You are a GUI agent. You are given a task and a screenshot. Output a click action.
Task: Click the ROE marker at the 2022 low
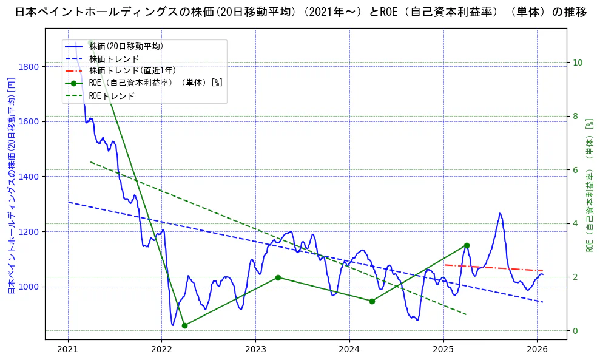pos(184,325)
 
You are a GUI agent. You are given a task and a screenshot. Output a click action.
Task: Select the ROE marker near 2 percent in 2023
pos(278,277)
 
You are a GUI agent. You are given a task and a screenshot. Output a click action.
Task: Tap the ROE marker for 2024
pos(372,301)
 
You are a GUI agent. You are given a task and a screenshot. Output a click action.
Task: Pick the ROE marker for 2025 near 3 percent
pos(467,245)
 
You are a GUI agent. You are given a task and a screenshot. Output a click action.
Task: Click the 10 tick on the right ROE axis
pos(577,63)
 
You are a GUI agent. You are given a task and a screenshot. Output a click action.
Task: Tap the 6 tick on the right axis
pos(575,170)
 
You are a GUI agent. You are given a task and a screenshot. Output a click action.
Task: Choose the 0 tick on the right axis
pos(575,331)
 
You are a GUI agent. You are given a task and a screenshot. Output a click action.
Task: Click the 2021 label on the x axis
pos(68,350)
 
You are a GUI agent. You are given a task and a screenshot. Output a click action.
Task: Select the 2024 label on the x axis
pos(349,350)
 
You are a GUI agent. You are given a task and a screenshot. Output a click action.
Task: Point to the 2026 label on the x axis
pos(538,350)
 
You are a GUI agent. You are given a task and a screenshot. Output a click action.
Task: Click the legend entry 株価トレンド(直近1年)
pos(131,70)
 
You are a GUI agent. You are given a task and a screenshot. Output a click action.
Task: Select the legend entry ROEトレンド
pos(112,96)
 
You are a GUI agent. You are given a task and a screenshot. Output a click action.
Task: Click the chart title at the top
pos(300,12)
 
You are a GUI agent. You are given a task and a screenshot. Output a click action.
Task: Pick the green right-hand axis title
pos(589,185)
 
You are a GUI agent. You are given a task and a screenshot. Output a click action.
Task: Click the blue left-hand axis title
pos(11,185)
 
